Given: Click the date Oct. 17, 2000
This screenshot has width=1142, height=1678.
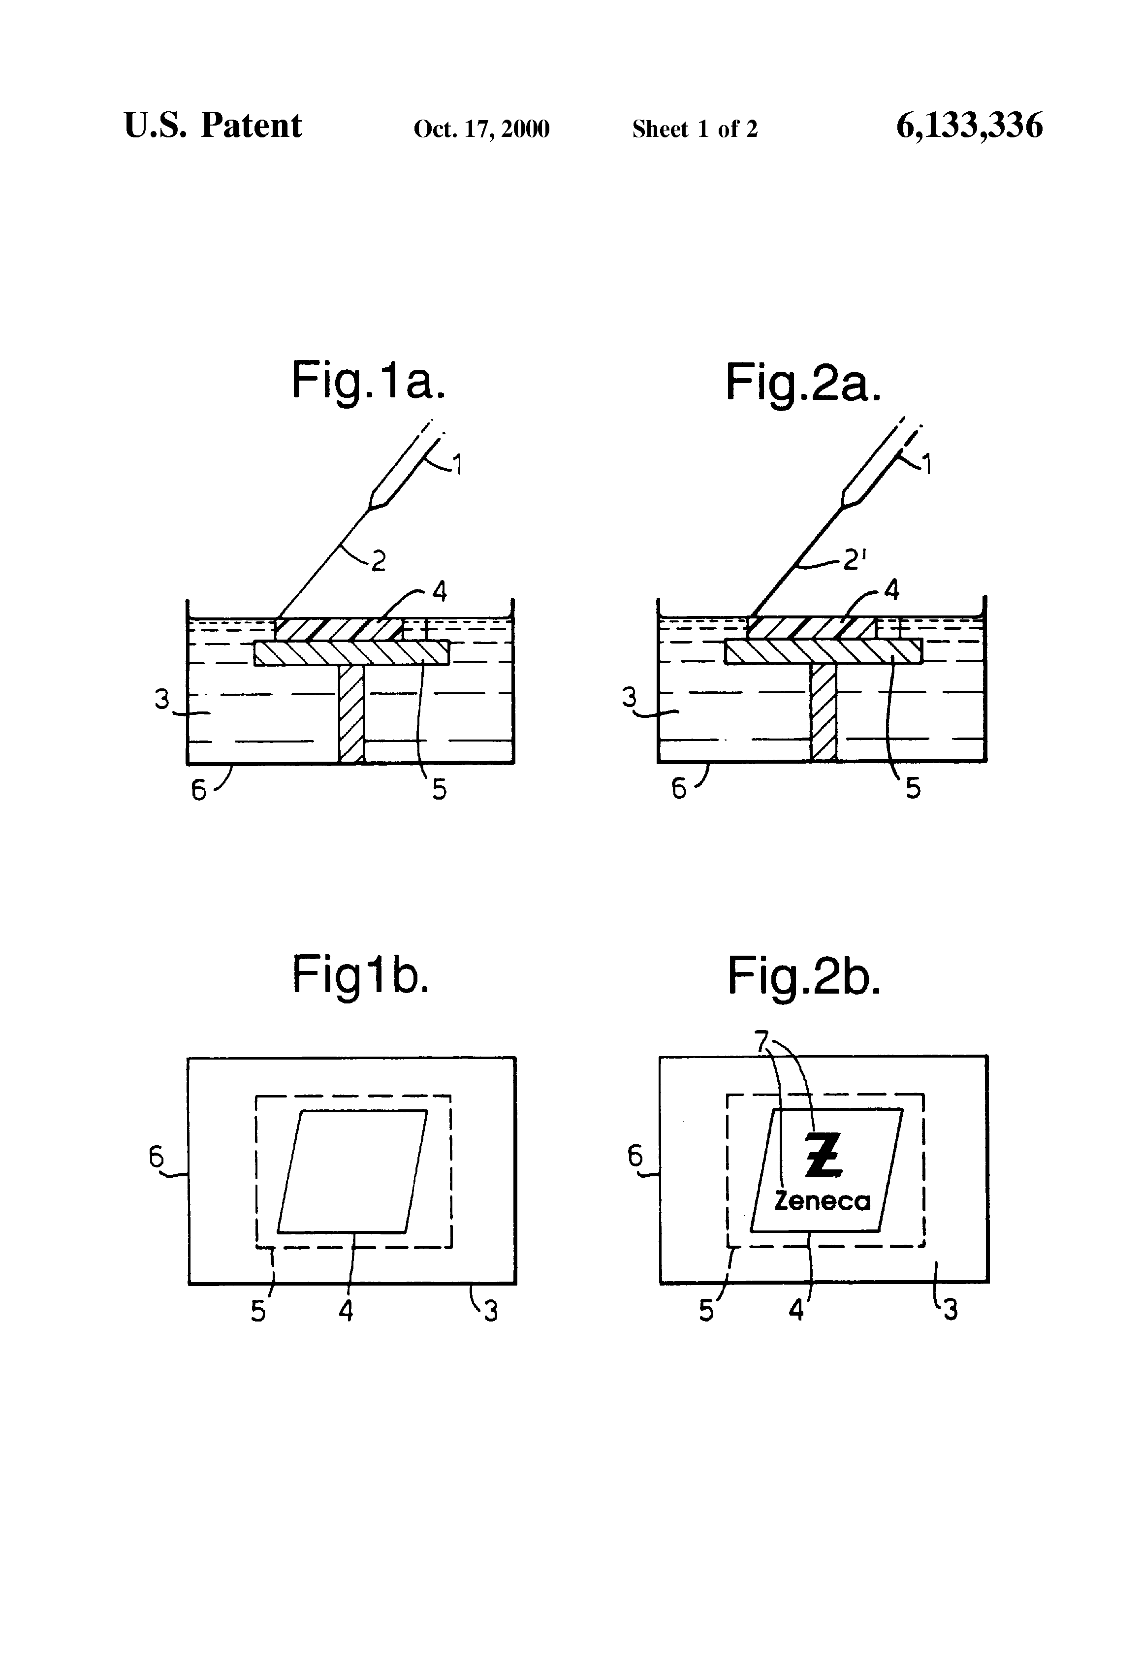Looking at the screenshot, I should click(x=481, y=129).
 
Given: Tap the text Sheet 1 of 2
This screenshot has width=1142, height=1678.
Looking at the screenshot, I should click(x=695, y=129).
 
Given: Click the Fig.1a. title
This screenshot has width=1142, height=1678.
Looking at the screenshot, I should click(x=368, y=381).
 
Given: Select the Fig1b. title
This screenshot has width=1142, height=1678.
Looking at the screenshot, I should click(x=360, y=975).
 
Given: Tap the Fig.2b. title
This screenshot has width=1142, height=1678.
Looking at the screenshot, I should click(x=803, y=976).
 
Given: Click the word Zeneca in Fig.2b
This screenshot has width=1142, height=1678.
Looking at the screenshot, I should click(x=822, y=1201).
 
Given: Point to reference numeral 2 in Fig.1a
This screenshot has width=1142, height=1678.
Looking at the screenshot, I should click(x=378, y=560).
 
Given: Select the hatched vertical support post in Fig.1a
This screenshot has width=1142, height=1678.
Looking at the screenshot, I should click(x=351, y=713).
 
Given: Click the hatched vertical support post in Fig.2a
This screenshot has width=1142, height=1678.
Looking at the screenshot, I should click(x=823, y=712).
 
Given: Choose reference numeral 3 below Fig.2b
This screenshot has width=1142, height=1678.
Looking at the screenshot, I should click(x=950, y=1309).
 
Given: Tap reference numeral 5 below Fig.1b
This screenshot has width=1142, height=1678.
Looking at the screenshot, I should click(x=258, y=1311).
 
